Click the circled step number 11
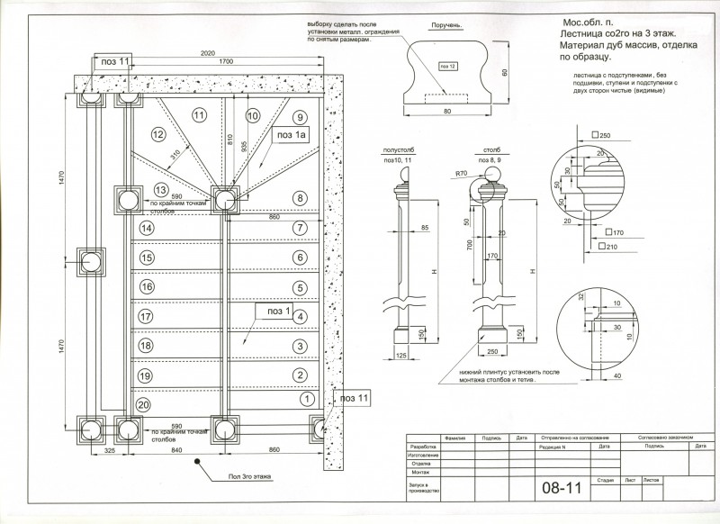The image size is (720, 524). pyautogui.click(x=199, y=114)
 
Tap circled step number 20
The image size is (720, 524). pyautogui.click(x=142, y=405)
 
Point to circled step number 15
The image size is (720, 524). pyautogui.click(x=146, y=257)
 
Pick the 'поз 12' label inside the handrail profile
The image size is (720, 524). pyautogui.click(x=447, y=67)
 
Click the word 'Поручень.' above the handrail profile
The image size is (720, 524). pyautogui.click(x=446, y=29)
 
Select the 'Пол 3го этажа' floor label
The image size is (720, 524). pyautogui.click(x=247, y=475)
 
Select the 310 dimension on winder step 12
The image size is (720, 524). pyautogui.click(x=173, y=155)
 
